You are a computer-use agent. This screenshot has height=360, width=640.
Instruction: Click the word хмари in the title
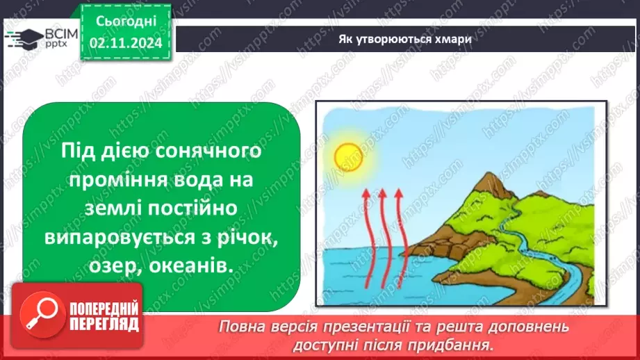coord(451,39)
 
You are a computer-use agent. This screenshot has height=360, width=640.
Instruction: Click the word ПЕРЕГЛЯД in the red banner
coord(102,325)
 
